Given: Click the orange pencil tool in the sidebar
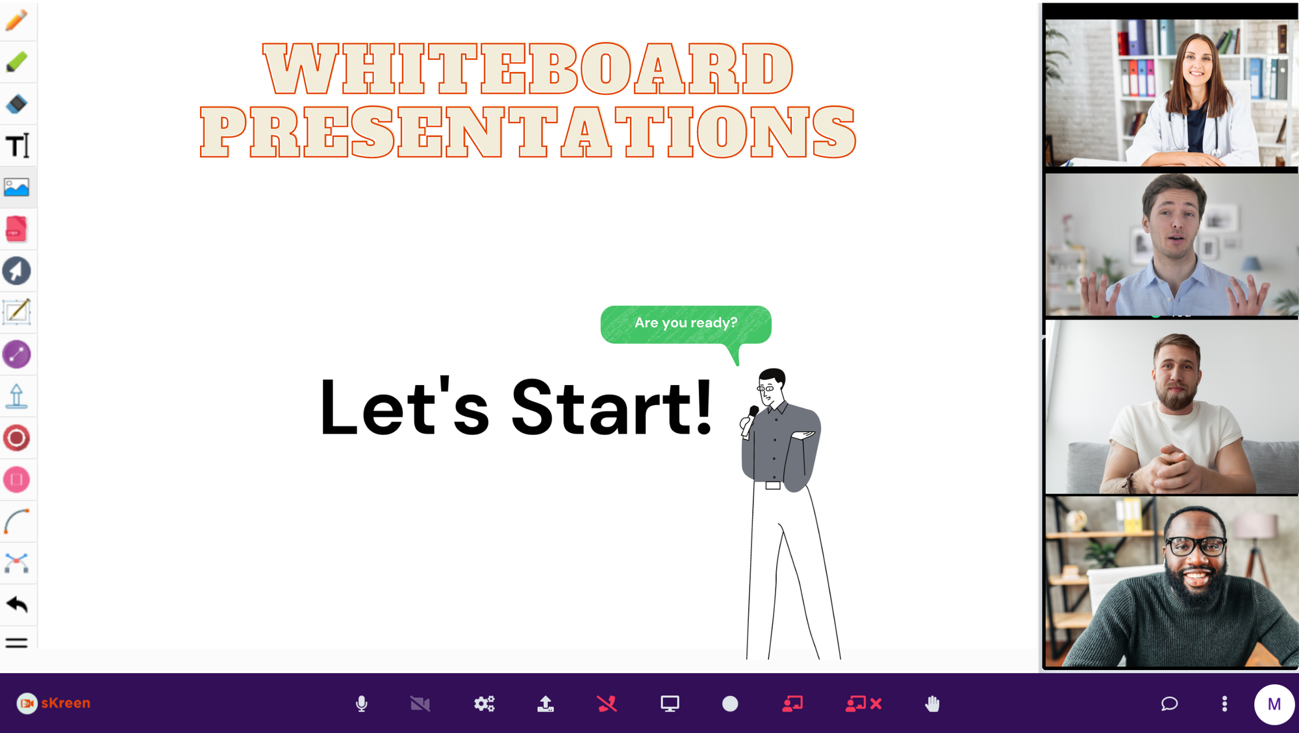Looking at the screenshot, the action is tap(16, 20).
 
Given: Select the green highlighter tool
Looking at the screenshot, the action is tap(16, 62).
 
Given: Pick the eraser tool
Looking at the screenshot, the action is tap(16, 104).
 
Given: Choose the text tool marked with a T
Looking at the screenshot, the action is tap(18, 145).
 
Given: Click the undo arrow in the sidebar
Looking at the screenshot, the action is tap(17, 604).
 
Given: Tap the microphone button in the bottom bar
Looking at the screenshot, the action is tap(362, 704).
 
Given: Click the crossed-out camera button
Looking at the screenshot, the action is tap(420, 704).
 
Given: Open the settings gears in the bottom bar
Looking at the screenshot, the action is tap(484, 704).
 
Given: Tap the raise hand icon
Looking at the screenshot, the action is tap(932, 704).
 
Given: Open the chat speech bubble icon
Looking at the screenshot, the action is tap(1169, 704).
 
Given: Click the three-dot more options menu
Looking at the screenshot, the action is tap(1224, 704).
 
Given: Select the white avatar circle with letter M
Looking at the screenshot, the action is tap(1274, 704).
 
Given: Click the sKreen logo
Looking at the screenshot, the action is tap(53, 703).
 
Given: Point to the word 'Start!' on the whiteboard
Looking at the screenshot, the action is tap(612, 408).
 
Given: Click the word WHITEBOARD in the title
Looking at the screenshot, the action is tap(528, 69).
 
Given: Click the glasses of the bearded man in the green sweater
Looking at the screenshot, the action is tap(1195, 545).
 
